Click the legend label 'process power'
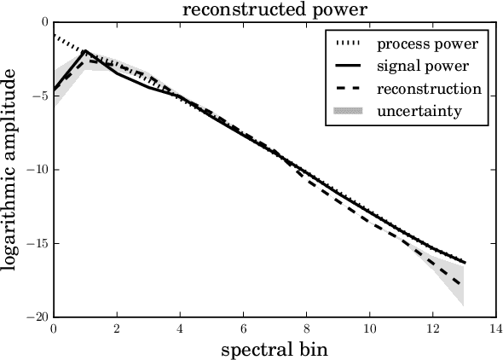(427, 44)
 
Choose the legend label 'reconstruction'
(429, 88)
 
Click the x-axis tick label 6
(243, 328)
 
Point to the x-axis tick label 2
(117, 328)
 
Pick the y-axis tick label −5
(39, 96)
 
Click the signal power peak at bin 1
(85, 51)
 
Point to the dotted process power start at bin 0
(55, 35)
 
